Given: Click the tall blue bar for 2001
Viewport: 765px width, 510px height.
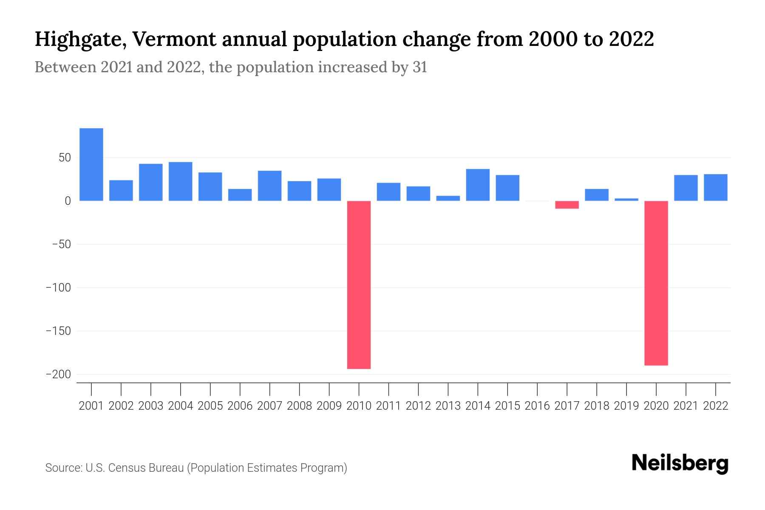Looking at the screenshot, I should pyautogui.click(x=91, y=164).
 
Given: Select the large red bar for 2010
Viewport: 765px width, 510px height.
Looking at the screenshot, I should pyautogui.click(x=359, y=285).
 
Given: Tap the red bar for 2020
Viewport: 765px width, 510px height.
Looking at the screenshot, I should pyautogui.click(x=656, y=283).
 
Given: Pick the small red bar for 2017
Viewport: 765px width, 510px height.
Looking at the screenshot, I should pyautogui.click(x=567, y=205).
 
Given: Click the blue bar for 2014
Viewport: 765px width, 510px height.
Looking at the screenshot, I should pyautogui.click(x=478, y=185).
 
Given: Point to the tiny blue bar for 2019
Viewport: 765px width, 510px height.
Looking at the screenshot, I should pyautogui.click(x=626, y=199).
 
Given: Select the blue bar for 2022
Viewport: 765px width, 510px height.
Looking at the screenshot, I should pyautogui.click(x=716, y=187).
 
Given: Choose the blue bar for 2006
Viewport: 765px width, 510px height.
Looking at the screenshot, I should pyautogui.click(x=240, y=195).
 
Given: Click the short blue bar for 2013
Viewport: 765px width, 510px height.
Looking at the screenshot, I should pyautogui.click(x=448, y=198).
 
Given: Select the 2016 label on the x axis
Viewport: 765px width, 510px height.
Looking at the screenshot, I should pyautogui.click(x=537, y=406).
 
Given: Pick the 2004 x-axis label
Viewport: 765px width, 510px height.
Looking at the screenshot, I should pyautogui.click(x=180, y=406).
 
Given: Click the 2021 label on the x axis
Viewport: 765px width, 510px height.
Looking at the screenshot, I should pyautogui.click(x=686, y=406).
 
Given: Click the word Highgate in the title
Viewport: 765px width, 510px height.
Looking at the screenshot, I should pyautogui.click(x=80, y=40).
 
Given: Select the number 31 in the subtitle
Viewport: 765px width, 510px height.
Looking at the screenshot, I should pyautogui.click(x=419, y=67).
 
